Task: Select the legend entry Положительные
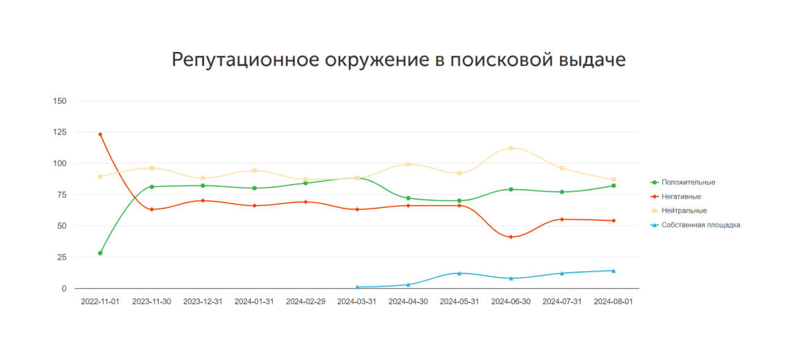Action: (688, 182)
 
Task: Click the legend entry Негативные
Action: (681, 197)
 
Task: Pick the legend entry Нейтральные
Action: (684, 210)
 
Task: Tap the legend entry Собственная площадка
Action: (700, 225)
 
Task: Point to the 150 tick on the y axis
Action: (60, 101)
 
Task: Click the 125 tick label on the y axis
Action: (60, 132)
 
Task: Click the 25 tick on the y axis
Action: (62, 257)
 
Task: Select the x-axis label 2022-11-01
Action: (100, 302)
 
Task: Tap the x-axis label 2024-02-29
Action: (306, 302)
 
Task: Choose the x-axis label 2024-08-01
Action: (613, 302)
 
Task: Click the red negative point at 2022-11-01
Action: (100, 134)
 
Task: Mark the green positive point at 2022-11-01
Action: (100, 253)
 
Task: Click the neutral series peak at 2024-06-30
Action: (511, 148)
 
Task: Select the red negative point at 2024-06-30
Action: (511, 237)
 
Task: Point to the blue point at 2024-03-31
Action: (357, 287)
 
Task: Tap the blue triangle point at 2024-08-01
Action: (613, 271)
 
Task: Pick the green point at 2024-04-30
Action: (408, 198)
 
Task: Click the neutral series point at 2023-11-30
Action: (152, 168)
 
